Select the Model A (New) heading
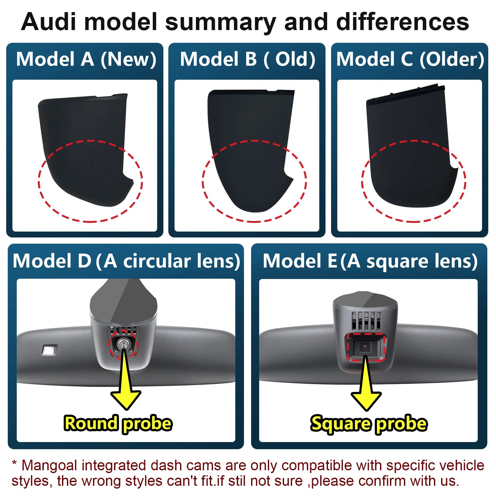point(86,59)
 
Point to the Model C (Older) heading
point(410,59)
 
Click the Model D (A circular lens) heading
point(126,261)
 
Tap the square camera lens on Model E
point(366,347)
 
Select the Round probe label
point(118,423)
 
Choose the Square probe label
point(369,423)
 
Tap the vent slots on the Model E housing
point(366,321)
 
